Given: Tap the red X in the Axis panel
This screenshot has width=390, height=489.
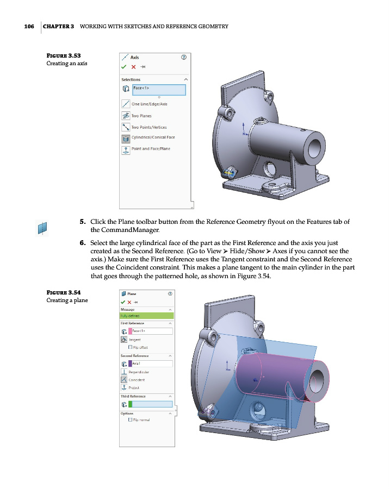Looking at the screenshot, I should [x=134, y=67].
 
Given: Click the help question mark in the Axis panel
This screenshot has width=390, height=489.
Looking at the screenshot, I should [x=183, y=57].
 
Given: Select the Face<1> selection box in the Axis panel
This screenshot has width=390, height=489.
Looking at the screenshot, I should [x=158, y=90].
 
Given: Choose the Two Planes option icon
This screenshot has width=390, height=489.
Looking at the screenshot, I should [x=126, y=116].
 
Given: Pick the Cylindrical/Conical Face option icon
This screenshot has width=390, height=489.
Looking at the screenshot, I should [x=126, y=138].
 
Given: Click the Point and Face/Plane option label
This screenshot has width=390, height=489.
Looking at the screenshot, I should [x=151, y=149].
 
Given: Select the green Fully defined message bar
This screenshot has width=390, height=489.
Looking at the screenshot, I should [x=146, y=315].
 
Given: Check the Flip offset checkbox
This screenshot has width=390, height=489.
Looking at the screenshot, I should [x=129, y=347].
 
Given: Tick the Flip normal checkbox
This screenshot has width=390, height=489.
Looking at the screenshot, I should [x=129, y=420].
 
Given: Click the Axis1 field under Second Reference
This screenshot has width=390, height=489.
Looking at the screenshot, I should [x=152, y=363].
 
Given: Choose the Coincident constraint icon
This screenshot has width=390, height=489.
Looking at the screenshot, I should [x=124, y=380].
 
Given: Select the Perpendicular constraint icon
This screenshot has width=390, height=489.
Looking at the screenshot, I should [x=124, y=372].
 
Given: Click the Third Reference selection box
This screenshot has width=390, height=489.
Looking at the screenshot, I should [x=152, y=404].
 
